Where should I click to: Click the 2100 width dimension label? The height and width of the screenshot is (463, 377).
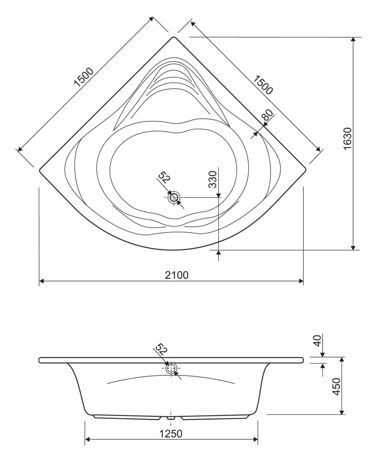(x=176, y=275)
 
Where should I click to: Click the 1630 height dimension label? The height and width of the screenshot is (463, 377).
(x=347, y=139)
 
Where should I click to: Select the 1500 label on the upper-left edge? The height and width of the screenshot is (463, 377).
(x=84, y=77)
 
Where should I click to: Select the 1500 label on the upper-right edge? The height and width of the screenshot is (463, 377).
(x=263, y=85)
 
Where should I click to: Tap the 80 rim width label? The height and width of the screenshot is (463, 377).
(x=268, y=115)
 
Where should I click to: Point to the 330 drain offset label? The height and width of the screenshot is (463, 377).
(x=212, y=180)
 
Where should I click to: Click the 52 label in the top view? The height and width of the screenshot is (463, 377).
(x=164, y=178)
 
